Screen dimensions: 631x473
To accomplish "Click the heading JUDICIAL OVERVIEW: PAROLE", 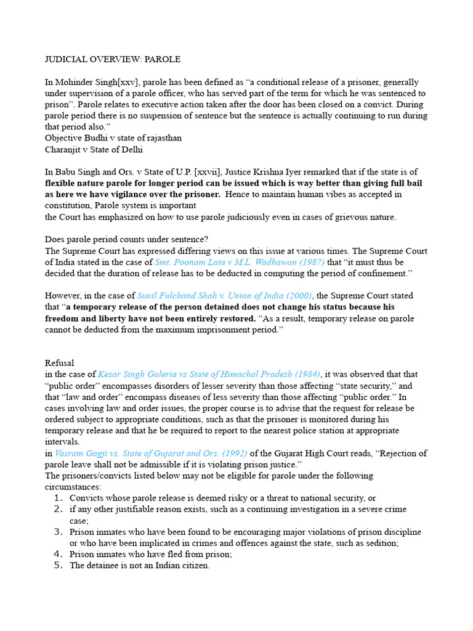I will tap(113, 59).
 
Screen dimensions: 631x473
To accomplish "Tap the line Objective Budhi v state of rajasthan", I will tap(113, 138).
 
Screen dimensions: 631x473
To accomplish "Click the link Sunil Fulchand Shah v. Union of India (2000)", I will tap(225, 296).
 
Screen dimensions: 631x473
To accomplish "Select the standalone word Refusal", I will tap(60, 363).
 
